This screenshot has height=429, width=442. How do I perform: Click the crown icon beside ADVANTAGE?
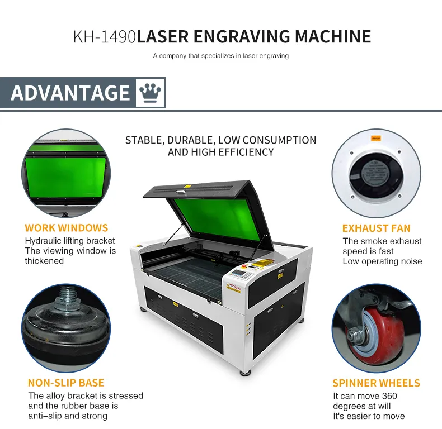pos(149,92)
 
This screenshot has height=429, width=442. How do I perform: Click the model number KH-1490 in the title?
pos(104,37)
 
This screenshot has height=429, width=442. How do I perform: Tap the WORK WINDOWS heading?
pos(66,228)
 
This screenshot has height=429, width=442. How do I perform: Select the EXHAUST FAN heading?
pos(376,228)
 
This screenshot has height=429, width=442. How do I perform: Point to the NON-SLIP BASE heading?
pos(66,383)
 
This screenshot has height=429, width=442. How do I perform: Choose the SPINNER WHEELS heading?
pos(376,383)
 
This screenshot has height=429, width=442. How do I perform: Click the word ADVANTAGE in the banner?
pos(70,93)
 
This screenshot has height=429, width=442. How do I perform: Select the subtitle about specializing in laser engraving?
pos(220,56)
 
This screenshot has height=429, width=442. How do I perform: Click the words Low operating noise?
pos(382,261)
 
